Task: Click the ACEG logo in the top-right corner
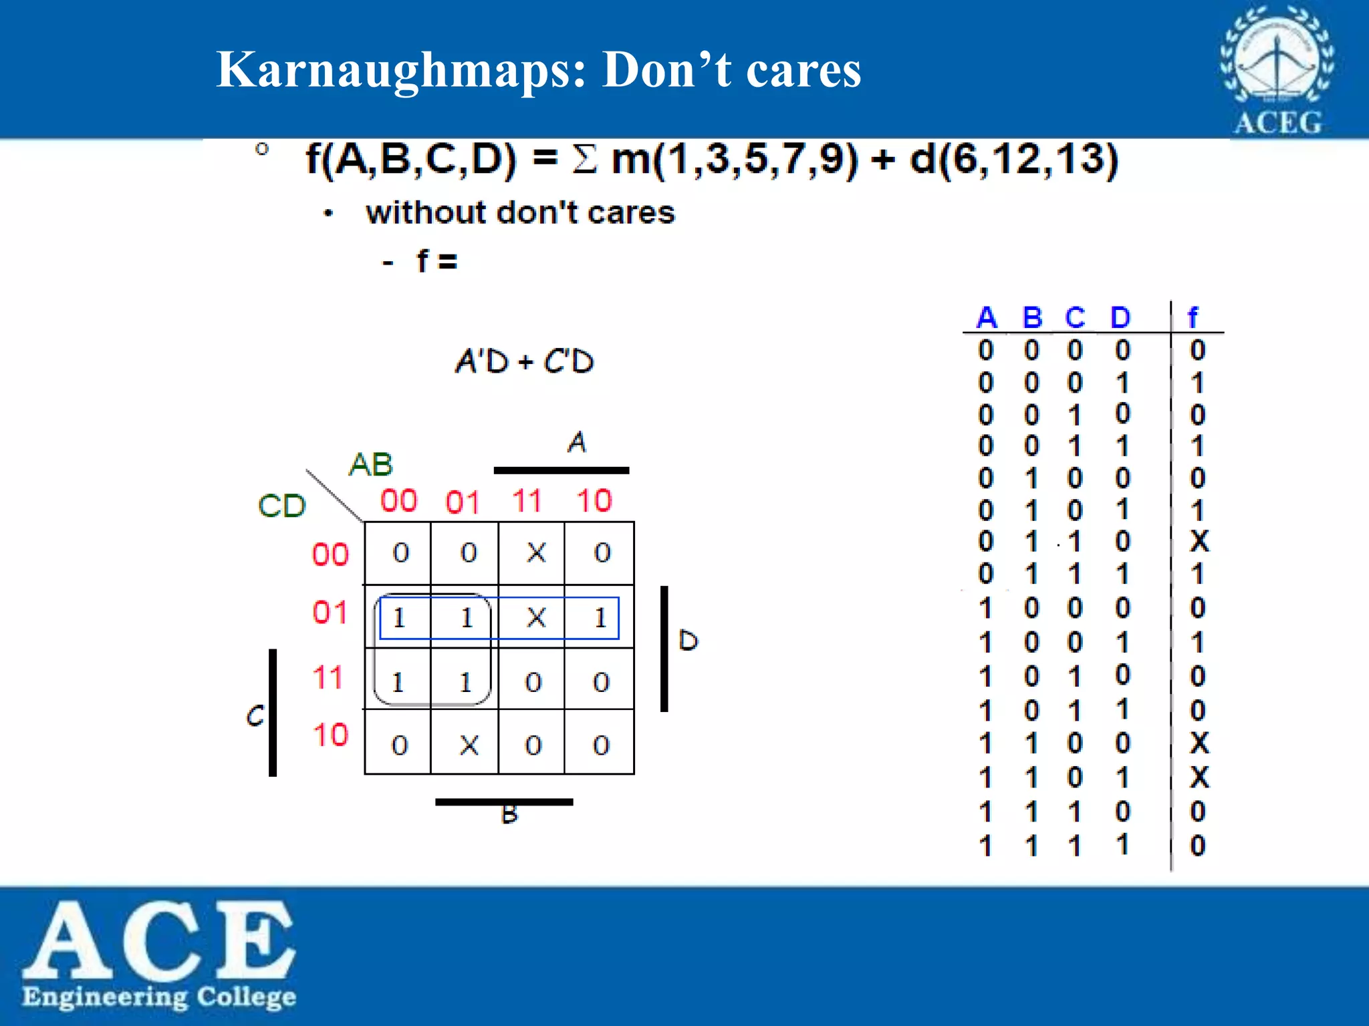point(1277,70)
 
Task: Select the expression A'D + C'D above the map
point(524,361)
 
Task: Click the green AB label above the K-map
point(370,464)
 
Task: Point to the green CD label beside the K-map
point(281,506)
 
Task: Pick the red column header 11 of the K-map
point(527,501)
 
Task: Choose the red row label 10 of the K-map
point(330,735)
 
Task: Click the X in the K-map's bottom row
point(469,745)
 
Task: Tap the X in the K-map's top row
point(536,552)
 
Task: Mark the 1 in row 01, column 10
point(600,618)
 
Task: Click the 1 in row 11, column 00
point(398,683)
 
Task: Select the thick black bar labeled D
point(664,649)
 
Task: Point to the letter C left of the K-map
point(255,715)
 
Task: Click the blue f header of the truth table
point(1193,317)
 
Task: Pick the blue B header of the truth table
point(1032,318)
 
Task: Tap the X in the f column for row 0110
point(1199,541)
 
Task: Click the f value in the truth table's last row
point(1198,846)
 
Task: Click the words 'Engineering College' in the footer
point(159,997)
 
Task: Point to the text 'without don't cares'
point(520,213)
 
